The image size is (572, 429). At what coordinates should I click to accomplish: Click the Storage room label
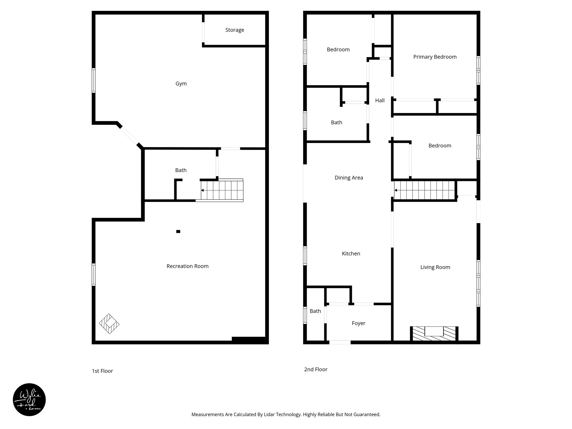pos(235,30)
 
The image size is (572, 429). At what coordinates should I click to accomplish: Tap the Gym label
pos(181,84)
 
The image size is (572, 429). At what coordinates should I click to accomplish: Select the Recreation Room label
pos(187,266)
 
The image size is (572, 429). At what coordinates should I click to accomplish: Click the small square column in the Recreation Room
pos(178,231)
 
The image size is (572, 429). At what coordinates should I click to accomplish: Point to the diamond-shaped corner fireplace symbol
pos(109,324)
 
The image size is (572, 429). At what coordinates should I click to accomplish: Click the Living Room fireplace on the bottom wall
pos(434,334)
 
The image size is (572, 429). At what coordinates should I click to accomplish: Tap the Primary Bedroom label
pos(435,57)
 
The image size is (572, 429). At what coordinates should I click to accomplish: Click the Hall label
pos(380,101)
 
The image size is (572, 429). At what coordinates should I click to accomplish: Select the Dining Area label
pos(349,178)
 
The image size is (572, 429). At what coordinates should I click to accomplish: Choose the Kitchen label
pos(351,254)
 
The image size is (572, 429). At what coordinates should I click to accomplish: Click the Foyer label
pos(358,323)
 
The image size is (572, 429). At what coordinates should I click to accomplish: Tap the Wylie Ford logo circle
pos(29,400)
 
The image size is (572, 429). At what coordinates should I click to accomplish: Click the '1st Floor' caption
pos(102,371)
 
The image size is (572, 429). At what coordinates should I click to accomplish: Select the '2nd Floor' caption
pos(316,369)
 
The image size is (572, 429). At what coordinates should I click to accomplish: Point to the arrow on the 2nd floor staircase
pos(396,190)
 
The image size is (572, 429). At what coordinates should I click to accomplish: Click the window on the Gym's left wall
pos(94,80)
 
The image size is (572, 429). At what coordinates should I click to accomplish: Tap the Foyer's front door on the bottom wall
pos(340,342)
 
